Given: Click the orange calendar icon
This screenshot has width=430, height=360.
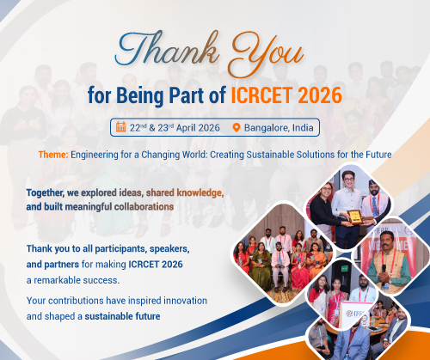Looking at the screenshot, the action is (120, 127).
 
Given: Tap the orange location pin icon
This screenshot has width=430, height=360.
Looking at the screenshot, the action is (236, 128).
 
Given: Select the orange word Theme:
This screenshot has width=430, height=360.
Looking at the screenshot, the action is (53, 155).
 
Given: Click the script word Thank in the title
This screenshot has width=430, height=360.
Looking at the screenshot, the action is (166, 49).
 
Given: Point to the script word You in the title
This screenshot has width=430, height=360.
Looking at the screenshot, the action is (267, 53).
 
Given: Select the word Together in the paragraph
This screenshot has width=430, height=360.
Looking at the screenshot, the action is (45, 193).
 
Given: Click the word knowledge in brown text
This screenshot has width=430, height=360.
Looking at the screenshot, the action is (200, 193).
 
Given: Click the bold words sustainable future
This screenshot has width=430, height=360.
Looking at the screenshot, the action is (122, 316).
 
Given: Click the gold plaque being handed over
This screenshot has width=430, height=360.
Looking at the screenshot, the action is (355, 217).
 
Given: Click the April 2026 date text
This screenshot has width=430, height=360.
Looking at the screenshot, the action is (198, 128).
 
